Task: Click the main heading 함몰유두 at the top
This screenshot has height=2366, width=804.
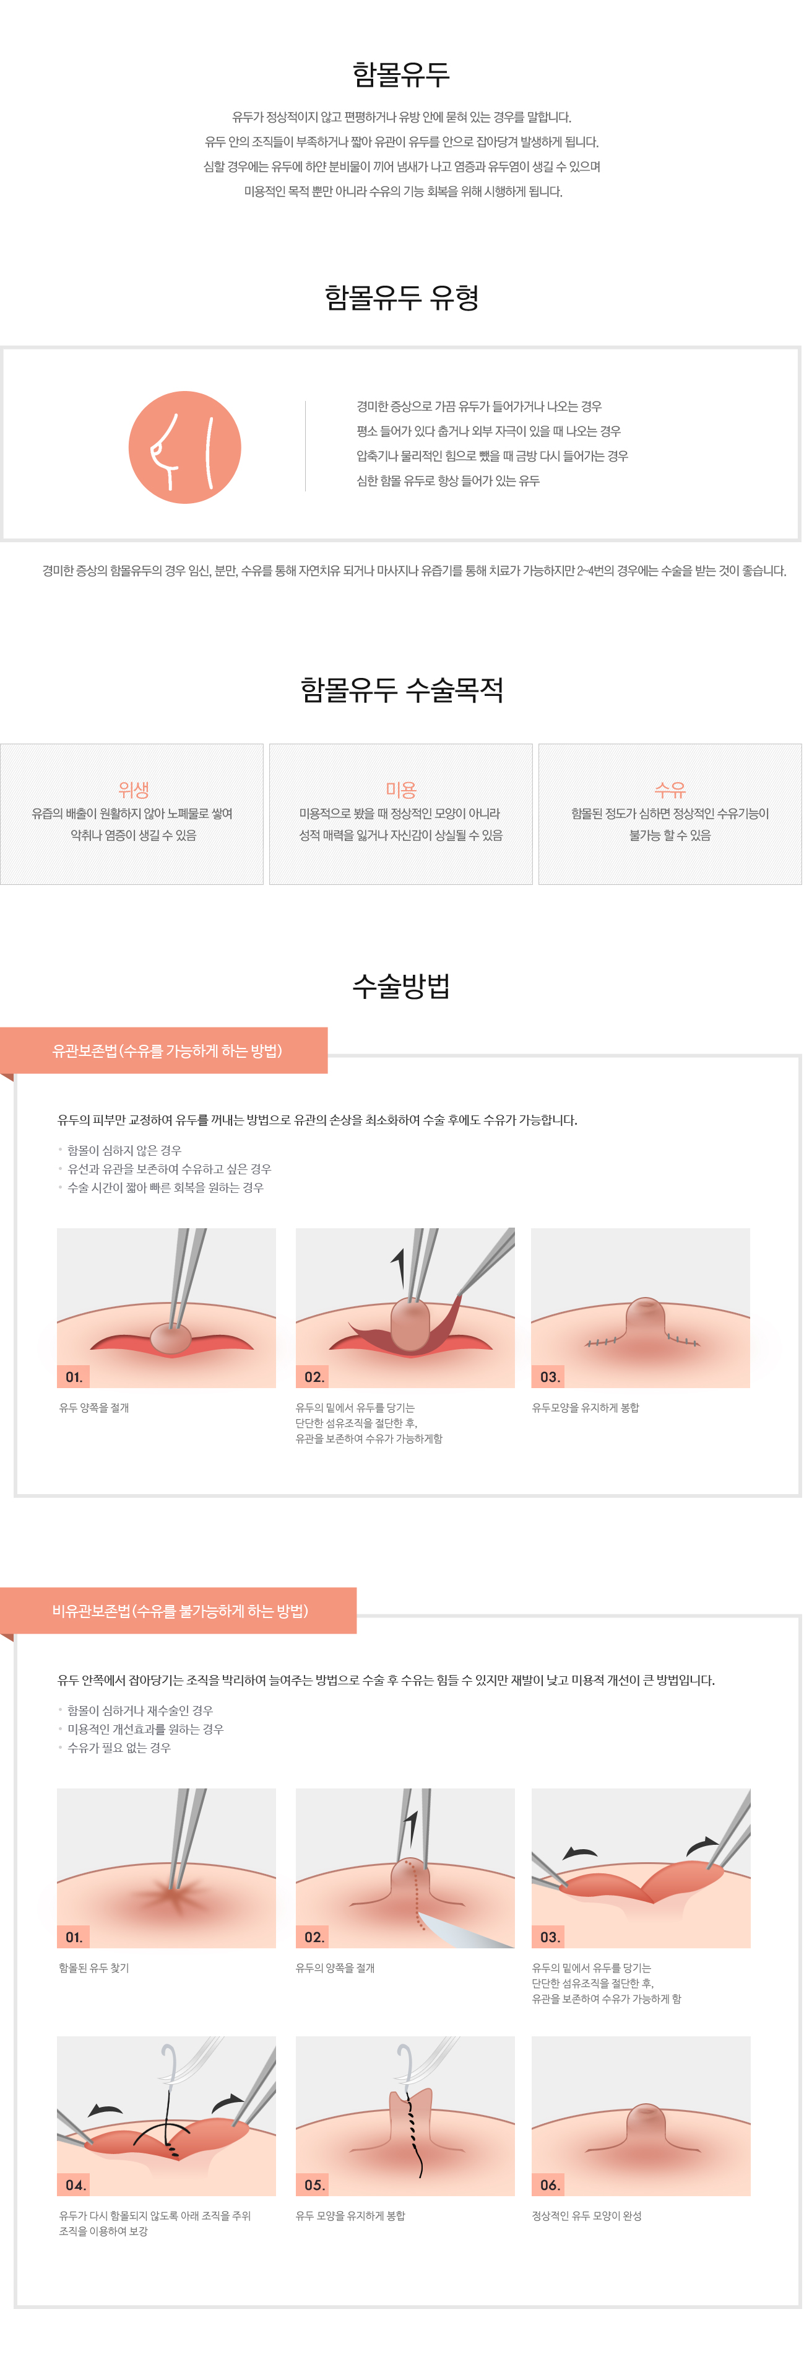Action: click(x=401, y=74)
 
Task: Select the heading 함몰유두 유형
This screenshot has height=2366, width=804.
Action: click(x=401, y=297)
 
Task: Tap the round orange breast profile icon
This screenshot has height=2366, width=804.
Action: click(x=184, y=447)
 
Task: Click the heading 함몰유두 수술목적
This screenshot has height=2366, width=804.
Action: click(x=401, y=690)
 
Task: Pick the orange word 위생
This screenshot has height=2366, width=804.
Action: click(x=133, y=789)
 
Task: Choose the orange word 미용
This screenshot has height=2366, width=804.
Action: click(x=401, y=789)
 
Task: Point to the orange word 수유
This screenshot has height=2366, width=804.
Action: click(x=670, y=789)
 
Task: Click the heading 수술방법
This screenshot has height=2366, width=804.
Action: click(x=401, y=985)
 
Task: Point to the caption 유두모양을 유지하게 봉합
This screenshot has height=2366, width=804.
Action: click(x=586, y=1408)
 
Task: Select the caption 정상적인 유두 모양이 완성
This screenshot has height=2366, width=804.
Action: click(x=587, y=2216)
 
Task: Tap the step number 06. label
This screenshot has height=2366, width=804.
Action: click(x=550, y=2185)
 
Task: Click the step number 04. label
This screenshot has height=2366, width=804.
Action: click(x=76, y=2185)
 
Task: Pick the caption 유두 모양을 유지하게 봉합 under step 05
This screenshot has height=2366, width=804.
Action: click(x=350, y=2216)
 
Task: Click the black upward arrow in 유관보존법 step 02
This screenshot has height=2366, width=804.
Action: click(x=399, y=1267)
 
